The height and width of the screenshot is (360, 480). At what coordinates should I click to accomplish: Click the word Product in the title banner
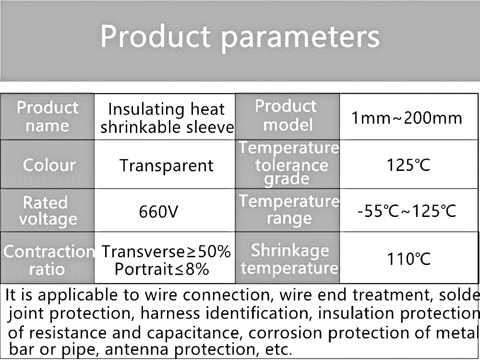pyautogui.click(x=156, y=36)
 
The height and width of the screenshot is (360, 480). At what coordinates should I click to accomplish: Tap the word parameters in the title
pyautogui.click(x=300, y=38)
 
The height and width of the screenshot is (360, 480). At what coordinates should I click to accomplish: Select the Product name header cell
pyautogui.click(x=48, y=117)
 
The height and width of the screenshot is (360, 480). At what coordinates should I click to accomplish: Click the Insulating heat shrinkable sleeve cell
pyautogui.click(x=165, y=117)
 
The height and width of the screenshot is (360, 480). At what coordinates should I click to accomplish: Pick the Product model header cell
pyautogui.click(x=288, y=117)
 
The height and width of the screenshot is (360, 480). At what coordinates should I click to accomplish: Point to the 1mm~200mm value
pyautogui.click(x=407, y=118)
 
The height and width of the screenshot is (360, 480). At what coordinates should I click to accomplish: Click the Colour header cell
pyautogui.click(x=48, y=164)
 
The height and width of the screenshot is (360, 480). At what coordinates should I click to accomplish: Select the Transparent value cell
pyautogui.click(x=165, y=164)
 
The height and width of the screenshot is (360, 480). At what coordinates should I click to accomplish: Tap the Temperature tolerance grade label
pyautogui.click(x=289, y=164)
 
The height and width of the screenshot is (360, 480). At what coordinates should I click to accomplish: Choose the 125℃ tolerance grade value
pyautogui.click(x=408, y=165)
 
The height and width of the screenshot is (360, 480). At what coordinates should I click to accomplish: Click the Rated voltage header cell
pyautogui.click(x=48, y=210)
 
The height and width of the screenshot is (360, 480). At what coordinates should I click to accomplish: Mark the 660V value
pyautogui.click(x=158, y=211)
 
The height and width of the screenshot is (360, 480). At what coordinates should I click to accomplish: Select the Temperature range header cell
pyautogui.click(x=288, y=210)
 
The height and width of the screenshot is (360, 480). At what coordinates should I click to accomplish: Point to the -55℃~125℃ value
pyautogui.click(x=407, y=211)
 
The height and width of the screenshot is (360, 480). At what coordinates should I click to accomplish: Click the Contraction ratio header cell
pyautogui.click(x=48, y=258)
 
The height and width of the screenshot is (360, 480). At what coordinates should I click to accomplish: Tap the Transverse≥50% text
pyautogui.click(x=166, y=252)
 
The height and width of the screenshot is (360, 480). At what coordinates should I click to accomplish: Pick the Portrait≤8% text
pyautogui.click(x=162, y=269)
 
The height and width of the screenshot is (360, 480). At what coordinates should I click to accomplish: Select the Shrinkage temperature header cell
pyautogui.click(x=288, y=258)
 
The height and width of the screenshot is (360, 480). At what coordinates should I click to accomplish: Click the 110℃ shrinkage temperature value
pyautogui.click(x=408, y=259)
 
